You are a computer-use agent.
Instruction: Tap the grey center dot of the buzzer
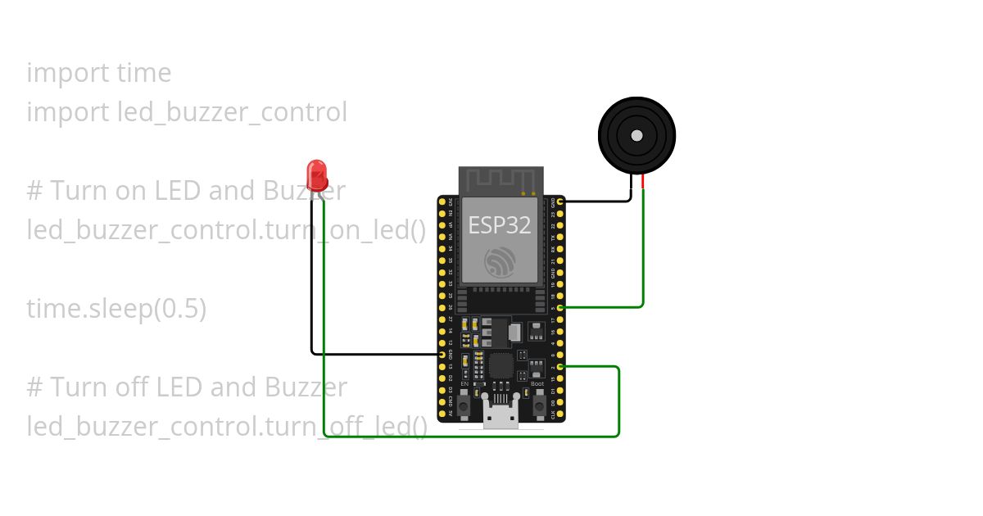coord(636,135)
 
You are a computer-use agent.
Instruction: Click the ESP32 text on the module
coord(499,225)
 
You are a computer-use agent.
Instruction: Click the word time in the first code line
coord(144,73)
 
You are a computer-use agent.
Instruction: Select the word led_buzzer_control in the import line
coord(233,112)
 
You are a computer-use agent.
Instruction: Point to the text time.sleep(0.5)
coord(116,309)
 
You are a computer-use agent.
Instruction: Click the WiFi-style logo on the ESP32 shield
coord(500,260)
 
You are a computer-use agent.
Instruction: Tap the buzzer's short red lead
coord(643,182)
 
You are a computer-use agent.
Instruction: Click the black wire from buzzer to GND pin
coord(598,201)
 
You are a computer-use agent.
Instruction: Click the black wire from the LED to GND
coord(311,278)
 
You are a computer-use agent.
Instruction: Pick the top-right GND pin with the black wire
coord(560,201)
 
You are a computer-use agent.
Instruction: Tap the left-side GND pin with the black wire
coord(442,355)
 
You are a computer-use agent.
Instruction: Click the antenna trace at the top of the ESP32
coord(501,179)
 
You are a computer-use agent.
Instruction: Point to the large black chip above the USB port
coord(501,364)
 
